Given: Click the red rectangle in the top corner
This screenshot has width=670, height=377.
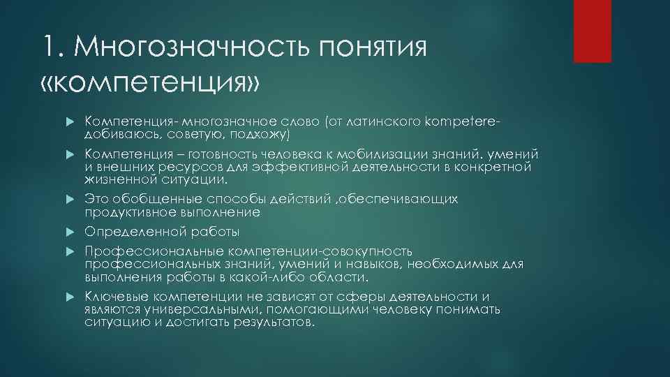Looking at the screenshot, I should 592,31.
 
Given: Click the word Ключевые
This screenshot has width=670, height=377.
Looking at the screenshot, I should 113,296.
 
